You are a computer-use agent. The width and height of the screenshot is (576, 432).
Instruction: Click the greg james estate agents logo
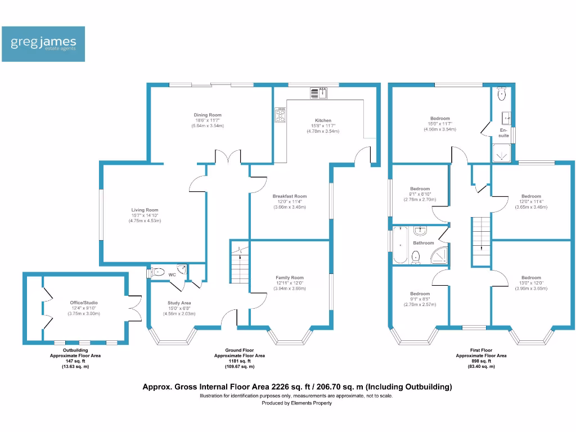click(x=43, y=44)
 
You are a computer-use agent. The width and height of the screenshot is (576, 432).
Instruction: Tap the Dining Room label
click(x=208, y=115)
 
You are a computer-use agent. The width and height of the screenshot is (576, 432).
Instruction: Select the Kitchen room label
click(x=323, y=120)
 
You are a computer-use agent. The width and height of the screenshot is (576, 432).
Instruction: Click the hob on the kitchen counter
click(x=281, y=115)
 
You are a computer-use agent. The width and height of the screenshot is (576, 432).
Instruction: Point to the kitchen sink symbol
click(x=318, y=92)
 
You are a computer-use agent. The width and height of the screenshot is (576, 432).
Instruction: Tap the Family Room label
click(x=289, y=277)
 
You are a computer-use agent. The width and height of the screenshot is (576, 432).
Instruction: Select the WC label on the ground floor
click(x=173, y=274)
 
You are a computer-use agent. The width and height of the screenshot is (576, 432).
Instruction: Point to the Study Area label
click(x=179, y=303)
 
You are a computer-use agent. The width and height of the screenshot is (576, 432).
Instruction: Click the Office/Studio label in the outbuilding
click(x=84, y=303)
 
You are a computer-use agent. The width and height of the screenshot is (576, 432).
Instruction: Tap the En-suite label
click(x=503, y=133)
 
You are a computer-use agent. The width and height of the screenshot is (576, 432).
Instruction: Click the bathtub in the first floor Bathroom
click(x=399, y=245)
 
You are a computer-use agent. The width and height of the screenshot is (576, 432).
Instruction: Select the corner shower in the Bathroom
click(x=439, y=254)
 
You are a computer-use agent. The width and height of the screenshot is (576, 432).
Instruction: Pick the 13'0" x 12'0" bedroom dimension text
click(x=531, y=283)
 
